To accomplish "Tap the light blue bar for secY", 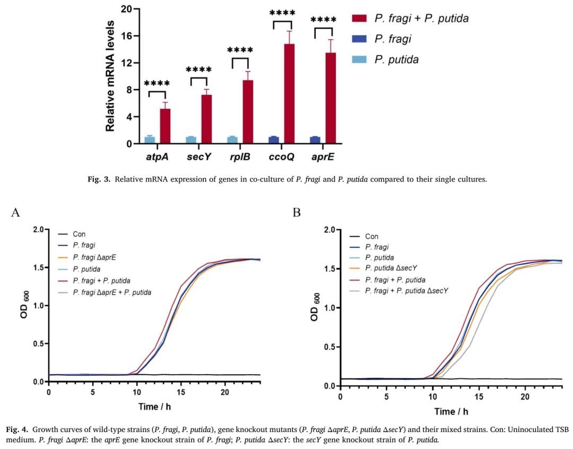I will point(190,140).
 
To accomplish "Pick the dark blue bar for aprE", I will point(315,140).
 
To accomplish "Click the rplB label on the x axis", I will point(239,158).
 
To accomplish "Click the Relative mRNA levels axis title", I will point(110,76).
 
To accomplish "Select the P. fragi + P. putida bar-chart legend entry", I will point(421,19).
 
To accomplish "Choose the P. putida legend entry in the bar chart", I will point(396,59).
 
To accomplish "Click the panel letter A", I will point(15,213).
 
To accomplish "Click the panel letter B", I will point(297,213).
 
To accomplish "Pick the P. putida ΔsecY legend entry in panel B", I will point(390,268).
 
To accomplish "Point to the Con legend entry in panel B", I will point(371,236).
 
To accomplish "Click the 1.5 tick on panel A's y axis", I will point(38,267).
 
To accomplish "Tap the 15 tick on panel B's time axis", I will point(479,397).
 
